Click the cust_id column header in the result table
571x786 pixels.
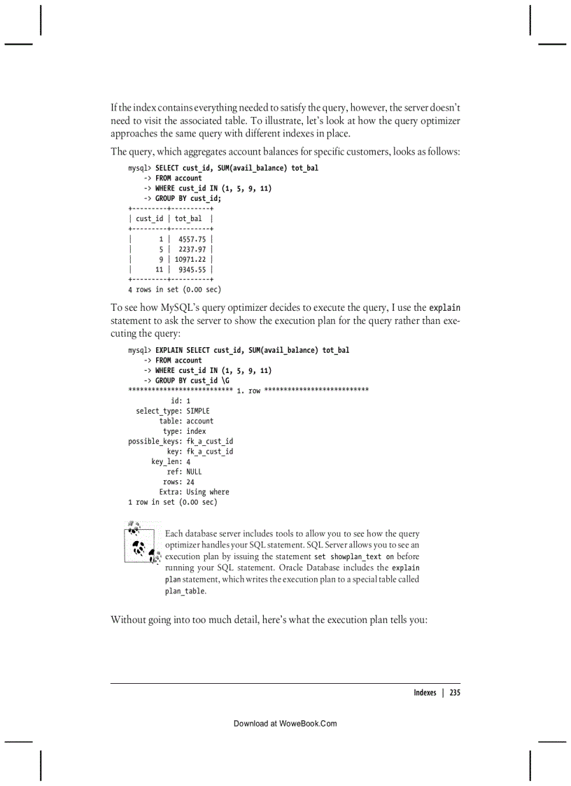149,219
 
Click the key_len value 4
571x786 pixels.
188,462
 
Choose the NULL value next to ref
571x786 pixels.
193,472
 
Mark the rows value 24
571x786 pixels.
190,482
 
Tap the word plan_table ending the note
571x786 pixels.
185,591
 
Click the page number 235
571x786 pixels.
454,693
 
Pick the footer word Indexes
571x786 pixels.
424,693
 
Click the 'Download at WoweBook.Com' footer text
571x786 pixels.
285,724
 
